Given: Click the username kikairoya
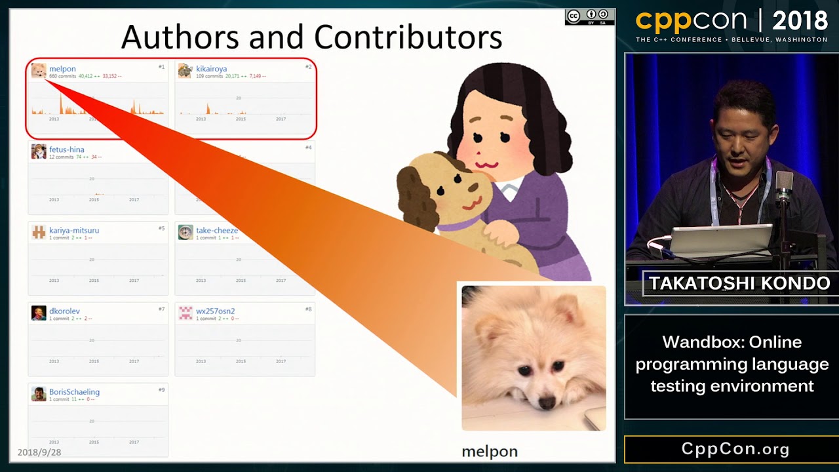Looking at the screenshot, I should (211, 69).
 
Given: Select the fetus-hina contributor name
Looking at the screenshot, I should (66, 149).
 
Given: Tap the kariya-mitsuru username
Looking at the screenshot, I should (73, 230).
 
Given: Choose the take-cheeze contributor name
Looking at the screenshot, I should (216, 230).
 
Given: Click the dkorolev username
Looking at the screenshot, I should (64, 311).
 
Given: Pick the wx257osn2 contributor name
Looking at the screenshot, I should (215, 311).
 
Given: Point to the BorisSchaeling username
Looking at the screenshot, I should (74, 392).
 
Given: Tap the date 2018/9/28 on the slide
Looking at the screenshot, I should (39, 452).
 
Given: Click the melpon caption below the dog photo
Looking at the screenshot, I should (490, 452).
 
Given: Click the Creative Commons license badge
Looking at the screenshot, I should (589, 17).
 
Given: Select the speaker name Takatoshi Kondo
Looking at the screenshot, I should (739, 283).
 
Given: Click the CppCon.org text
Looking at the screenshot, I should (735, 449).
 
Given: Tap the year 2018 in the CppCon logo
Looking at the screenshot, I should (800, 21).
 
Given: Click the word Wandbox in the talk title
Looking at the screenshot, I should (699, 342).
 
